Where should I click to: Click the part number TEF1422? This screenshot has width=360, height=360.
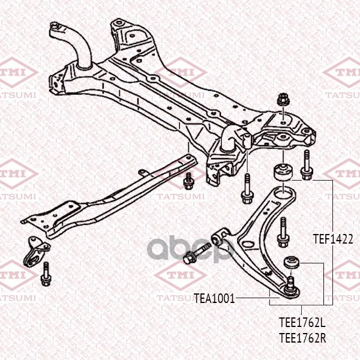(333, 239)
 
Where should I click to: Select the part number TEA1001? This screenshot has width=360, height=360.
(214, 298)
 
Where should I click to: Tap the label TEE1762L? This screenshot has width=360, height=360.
(302, 322)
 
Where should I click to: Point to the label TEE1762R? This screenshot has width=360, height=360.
(302, 338)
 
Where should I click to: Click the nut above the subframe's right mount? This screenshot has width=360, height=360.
(283, 100)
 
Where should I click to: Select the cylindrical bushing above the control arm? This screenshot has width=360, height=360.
(283, 172)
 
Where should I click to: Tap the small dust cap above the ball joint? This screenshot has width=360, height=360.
(292, 262)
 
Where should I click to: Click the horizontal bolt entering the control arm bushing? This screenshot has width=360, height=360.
(197, 253)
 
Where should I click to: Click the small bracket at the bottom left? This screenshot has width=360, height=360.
(36, 253)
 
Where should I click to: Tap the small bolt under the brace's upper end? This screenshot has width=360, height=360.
(188, 181)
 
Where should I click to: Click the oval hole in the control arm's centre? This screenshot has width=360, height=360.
(248, 244)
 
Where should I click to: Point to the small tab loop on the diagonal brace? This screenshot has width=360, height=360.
(143, 172)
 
